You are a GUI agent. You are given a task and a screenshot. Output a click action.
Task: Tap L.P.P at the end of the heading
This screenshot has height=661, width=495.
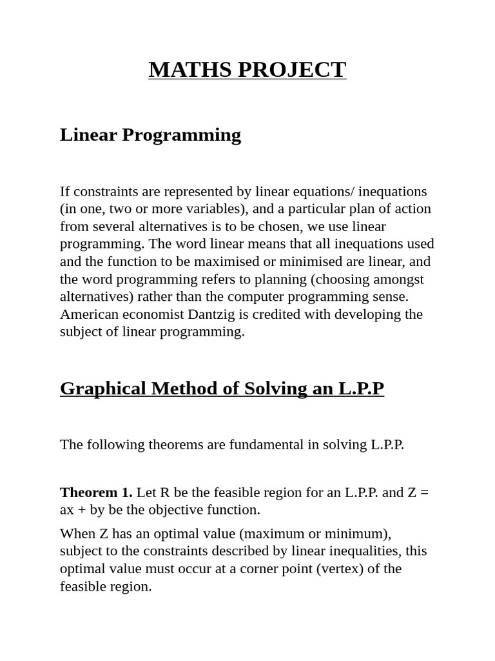[361, 389]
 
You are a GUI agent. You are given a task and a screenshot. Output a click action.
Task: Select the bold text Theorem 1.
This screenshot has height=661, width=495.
[96, 493]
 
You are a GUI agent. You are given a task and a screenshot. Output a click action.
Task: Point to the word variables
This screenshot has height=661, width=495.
[215, 209]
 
